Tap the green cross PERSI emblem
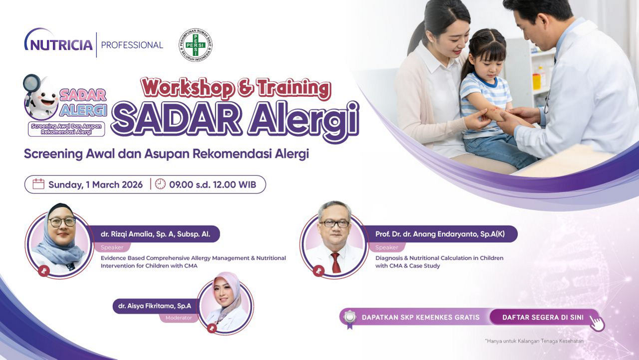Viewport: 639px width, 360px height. (x=195, y=45)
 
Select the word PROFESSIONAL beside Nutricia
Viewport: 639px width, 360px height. (x=132, y=45)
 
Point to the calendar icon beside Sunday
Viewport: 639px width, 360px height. (x=38, y=184)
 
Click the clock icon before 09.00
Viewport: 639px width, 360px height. (x=160, y=184)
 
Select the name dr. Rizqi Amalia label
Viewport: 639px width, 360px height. (x=155, y=234)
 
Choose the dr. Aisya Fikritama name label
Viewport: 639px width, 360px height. (x=155, y=306)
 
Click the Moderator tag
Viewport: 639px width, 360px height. (x=179, y=318)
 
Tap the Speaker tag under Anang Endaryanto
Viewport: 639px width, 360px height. (x=386, y=247)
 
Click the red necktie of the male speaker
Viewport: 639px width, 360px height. (x=335, y=263)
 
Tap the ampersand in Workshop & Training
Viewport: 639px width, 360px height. (x=245, y=88)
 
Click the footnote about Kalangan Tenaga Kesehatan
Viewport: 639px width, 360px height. (x=534, y=341)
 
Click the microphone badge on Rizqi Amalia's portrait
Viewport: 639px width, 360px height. (x=43, y=271)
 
